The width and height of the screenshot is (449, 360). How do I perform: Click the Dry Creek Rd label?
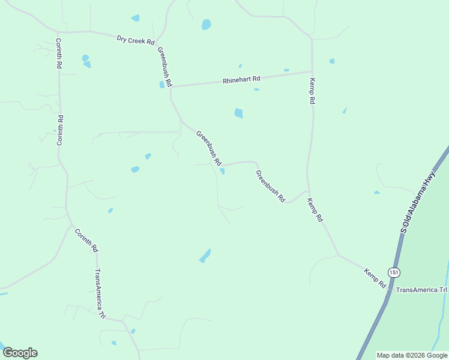pyautogui.click(x=136, y=41)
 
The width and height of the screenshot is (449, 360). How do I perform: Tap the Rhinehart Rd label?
pyautogui.click(x=241, y=79)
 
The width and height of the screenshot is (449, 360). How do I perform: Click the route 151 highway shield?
pyautogui.click(x=393, y=272)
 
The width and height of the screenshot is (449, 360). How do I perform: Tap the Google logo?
pyautogui.click(x=20, y=353)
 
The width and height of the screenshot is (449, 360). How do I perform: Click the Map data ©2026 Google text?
pyautogui.click(x=412, y=355)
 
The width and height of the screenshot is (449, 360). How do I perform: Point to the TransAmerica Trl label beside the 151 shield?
pyautogui.click(x=422, y=290)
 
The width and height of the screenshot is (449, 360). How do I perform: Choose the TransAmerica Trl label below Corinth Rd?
pyautogui.click(x=100, y=293)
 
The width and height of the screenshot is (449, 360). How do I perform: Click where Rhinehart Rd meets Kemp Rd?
pyautogui.click(x=312, y=72)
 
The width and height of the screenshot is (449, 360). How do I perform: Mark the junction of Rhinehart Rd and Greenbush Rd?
pyautogui.click(x=171, y=88)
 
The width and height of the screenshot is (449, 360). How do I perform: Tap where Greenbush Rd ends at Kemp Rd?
pyautogui.click(x=308, y=191)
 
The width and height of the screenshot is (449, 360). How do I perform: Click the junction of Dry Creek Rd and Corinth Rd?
pyautogui.click(x=58, y=32)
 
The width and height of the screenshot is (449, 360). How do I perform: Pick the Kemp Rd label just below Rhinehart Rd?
pyautogui.click(x=312, y=92)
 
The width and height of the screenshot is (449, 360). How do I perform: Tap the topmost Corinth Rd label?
pyautogui.click(x=59, y=53)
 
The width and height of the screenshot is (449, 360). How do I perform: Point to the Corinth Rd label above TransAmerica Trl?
pyautogui.click(x=86, y=239)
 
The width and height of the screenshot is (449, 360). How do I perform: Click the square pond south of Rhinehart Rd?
pyautogui.click(x=238, y=113)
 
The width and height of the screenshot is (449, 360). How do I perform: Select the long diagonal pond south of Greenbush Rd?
pyautogui.click(x=205, y=256)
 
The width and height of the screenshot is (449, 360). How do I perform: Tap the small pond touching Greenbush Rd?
pyautogui.click(x=223, y=171)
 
